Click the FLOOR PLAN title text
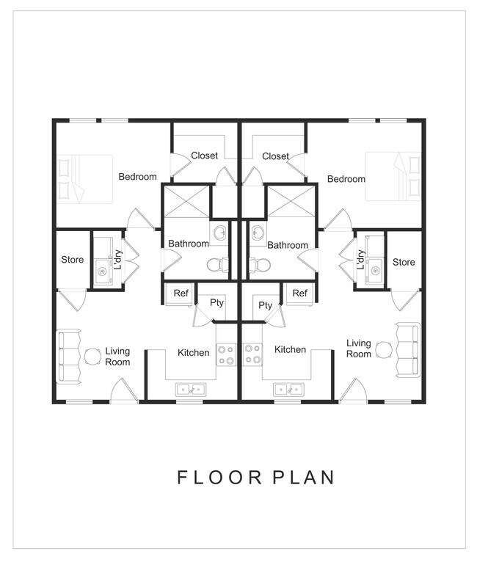[256, 478]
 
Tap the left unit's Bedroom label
[138, 177]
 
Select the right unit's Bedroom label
[346, 179]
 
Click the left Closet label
[204, 156]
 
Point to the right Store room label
[404, 262]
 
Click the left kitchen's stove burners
[226, 355]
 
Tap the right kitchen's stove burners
[252, 354]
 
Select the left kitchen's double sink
[191, 390]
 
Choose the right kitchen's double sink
[289, 390]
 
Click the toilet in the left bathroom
[217, 265]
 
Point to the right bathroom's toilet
[260, 265]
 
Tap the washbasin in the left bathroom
[219, 233]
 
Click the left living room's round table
[92, 357]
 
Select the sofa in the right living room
[408, 349]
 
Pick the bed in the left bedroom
[85, 179]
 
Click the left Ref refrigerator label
[181, 293]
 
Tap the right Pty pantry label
[265, 305]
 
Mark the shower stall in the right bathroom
[291, 202]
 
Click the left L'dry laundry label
[118, 260]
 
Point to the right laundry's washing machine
[374, 271]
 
